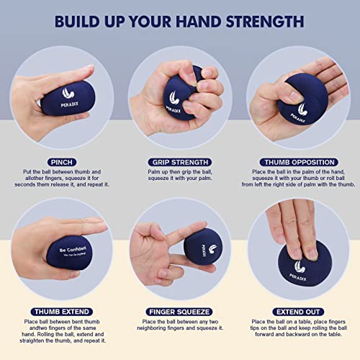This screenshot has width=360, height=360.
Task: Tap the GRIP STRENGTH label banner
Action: [x=180, y=162]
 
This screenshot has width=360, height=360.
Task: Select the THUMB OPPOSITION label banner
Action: [x=299, y=162]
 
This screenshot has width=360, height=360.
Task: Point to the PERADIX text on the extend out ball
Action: [x=297, y=271]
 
